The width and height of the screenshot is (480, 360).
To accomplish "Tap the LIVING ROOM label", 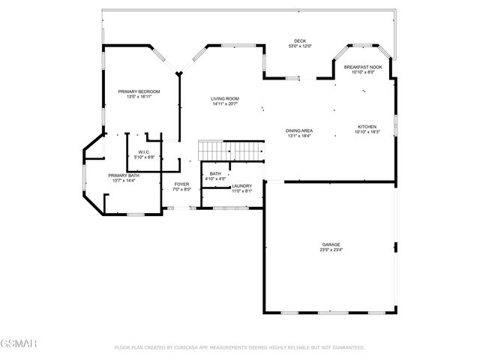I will [224, 98].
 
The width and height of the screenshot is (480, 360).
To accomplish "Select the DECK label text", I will [300, 40].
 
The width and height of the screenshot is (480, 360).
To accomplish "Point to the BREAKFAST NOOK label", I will [363, 67].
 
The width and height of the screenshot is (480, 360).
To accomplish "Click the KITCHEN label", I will [367, 127].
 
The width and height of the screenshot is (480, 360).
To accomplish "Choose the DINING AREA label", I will [299, 131].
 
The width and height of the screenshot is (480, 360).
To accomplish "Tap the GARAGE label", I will [331, 244].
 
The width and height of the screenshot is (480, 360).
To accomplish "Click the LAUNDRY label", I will [241, 185].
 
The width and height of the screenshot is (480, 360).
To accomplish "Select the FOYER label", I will [181, 184].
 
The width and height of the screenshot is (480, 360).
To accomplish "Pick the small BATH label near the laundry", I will [215, 173].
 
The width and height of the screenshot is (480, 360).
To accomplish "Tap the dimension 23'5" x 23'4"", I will [331, 250].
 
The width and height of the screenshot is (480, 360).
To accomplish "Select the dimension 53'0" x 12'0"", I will [300, 46].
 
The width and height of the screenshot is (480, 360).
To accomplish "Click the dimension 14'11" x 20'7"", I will [224, 104].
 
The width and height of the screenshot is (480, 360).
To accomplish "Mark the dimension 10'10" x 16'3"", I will [367, 133].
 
